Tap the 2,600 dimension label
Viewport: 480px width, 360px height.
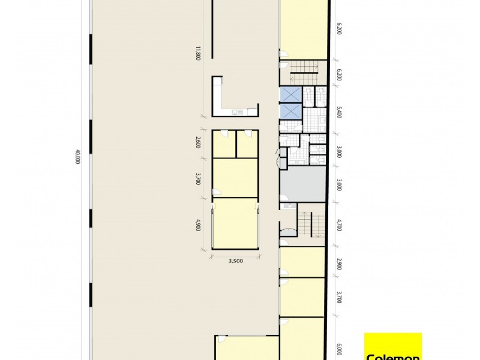click(x=197, y=142)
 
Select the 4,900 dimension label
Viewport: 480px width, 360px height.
click(x=197, y=226)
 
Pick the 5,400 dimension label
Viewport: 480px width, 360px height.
click(x=340, y=112)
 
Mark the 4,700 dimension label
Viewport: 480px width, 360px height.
click(x=340, y=226)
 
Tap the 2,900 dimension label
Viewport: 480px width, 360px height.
click(x=340, y=265)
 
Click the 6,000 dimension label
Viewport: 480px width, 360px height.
click(x=340, y=349)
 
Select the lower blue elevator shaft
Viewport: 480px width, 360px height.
click(x=290, y=112)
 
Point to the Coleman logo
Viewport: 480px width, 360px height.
click(x=394, y=348)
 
